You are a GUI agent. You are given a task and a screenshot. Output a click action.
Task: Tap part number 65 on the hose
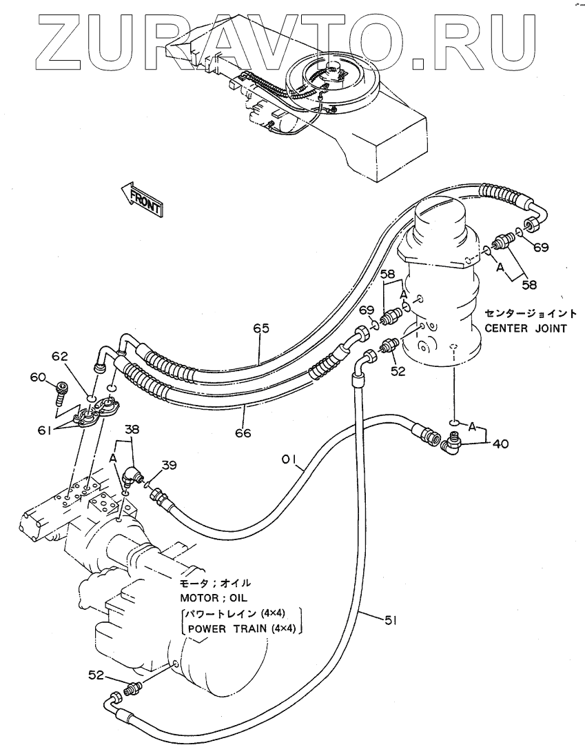260,329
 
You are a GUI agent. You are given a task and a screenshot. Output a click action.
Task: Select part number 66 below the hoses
242,433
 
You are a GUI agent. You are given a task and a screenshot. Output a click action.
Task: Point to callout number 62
61,357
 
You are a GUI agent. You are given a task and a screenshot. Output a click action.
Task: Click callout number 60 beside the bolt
37,377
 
